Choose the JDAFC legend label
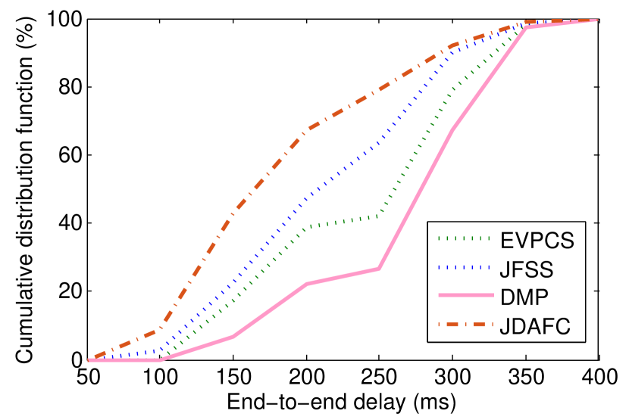pos(534,326)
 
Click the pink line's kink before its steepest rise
pos(378,269)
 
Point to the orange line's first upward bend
pos(160,328)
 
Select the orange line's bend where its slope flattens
pos(306,129)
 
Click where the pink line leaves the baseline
pos(160,359)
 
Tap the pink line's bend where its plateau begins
pos(306,284)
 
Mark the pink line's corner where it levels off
pos(525,27)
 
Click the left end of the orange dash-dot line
pos(89,359)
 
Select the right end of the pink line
pos(597,20)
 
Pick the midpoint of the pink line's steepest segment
pos(415,199)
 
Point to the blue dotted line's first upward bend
pos(160,351)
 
